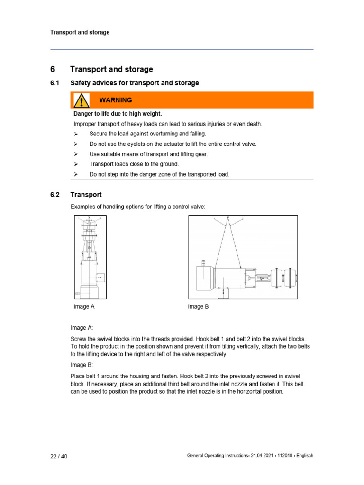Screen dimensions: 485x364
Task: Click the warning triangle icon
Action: pyautogui.click(x=82, y=100)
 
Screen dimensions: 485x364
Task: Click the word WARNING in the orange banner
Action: pyautogui.click(x=116, y=100)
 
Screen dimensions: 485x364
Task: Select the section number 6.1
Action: pyautogui.click(x=54, y=83)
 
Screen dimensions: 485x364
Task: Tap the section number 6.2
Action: pyautogui.click(x=54, y=195)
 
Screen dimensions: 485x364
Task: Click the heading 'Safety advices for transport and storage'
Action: pyautogui.click(x=135, y=83)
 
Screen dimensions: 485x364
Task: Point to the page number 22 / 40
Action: pyautogui.click(x=59, y=456)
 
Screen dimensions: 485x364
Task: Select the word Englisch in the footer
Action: pyautogui.click(x=303, y=456)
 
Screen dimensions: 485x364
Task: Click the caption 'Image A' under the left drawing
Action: pyautogui.click(x=84, y=307)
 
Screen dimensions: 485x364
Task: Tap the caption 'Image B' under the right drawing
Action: pyautogui.click(x=198, y=307)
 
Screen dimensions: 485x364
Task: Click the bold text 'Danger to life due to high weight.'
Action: pyautogui.click(x=118, y=114)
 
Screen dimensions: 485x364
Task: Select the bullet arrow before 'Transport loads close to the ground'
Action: pyautogui.click(x=76, y=164)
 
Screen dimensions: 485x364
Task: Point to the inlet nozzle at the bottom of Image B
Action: pyautogui.click(x=222, y=293)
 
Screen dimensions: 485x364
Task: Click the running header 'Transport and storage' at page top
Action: pyautogui.click(x=80, y=33)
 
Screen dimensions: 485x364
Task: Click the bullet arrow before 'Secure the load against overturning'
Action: pyautogui.click(x=76, y=134)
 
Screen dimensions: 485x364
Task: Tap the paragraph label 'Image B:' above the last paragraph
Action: pyautogui.click(x=82, y=365)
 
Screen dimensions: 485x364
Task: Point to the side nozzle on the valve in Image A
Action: pyautogui.click(x=101, y=277)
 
